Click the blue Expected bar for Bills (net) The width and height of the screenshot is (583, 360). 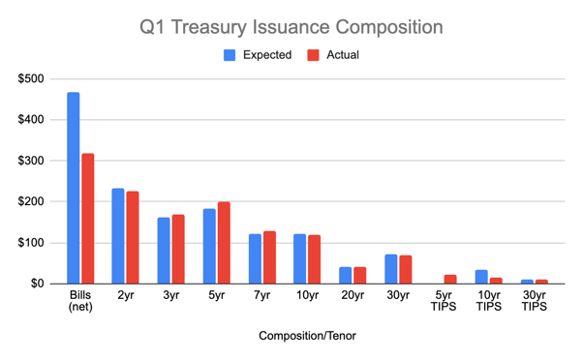click(74, 188)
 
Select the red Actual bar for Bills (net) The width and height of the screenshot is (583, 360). click(87, 218)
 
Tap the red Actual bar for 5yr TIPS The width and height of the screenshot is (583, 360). click(450, 279)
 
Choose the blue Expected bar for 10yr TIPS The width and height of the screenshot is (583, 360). click(482, 276)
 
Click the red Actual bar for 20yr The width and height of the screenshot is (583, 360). click(360, 275)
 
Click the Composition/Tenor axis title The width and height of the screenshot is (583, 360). click(307, 338)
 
